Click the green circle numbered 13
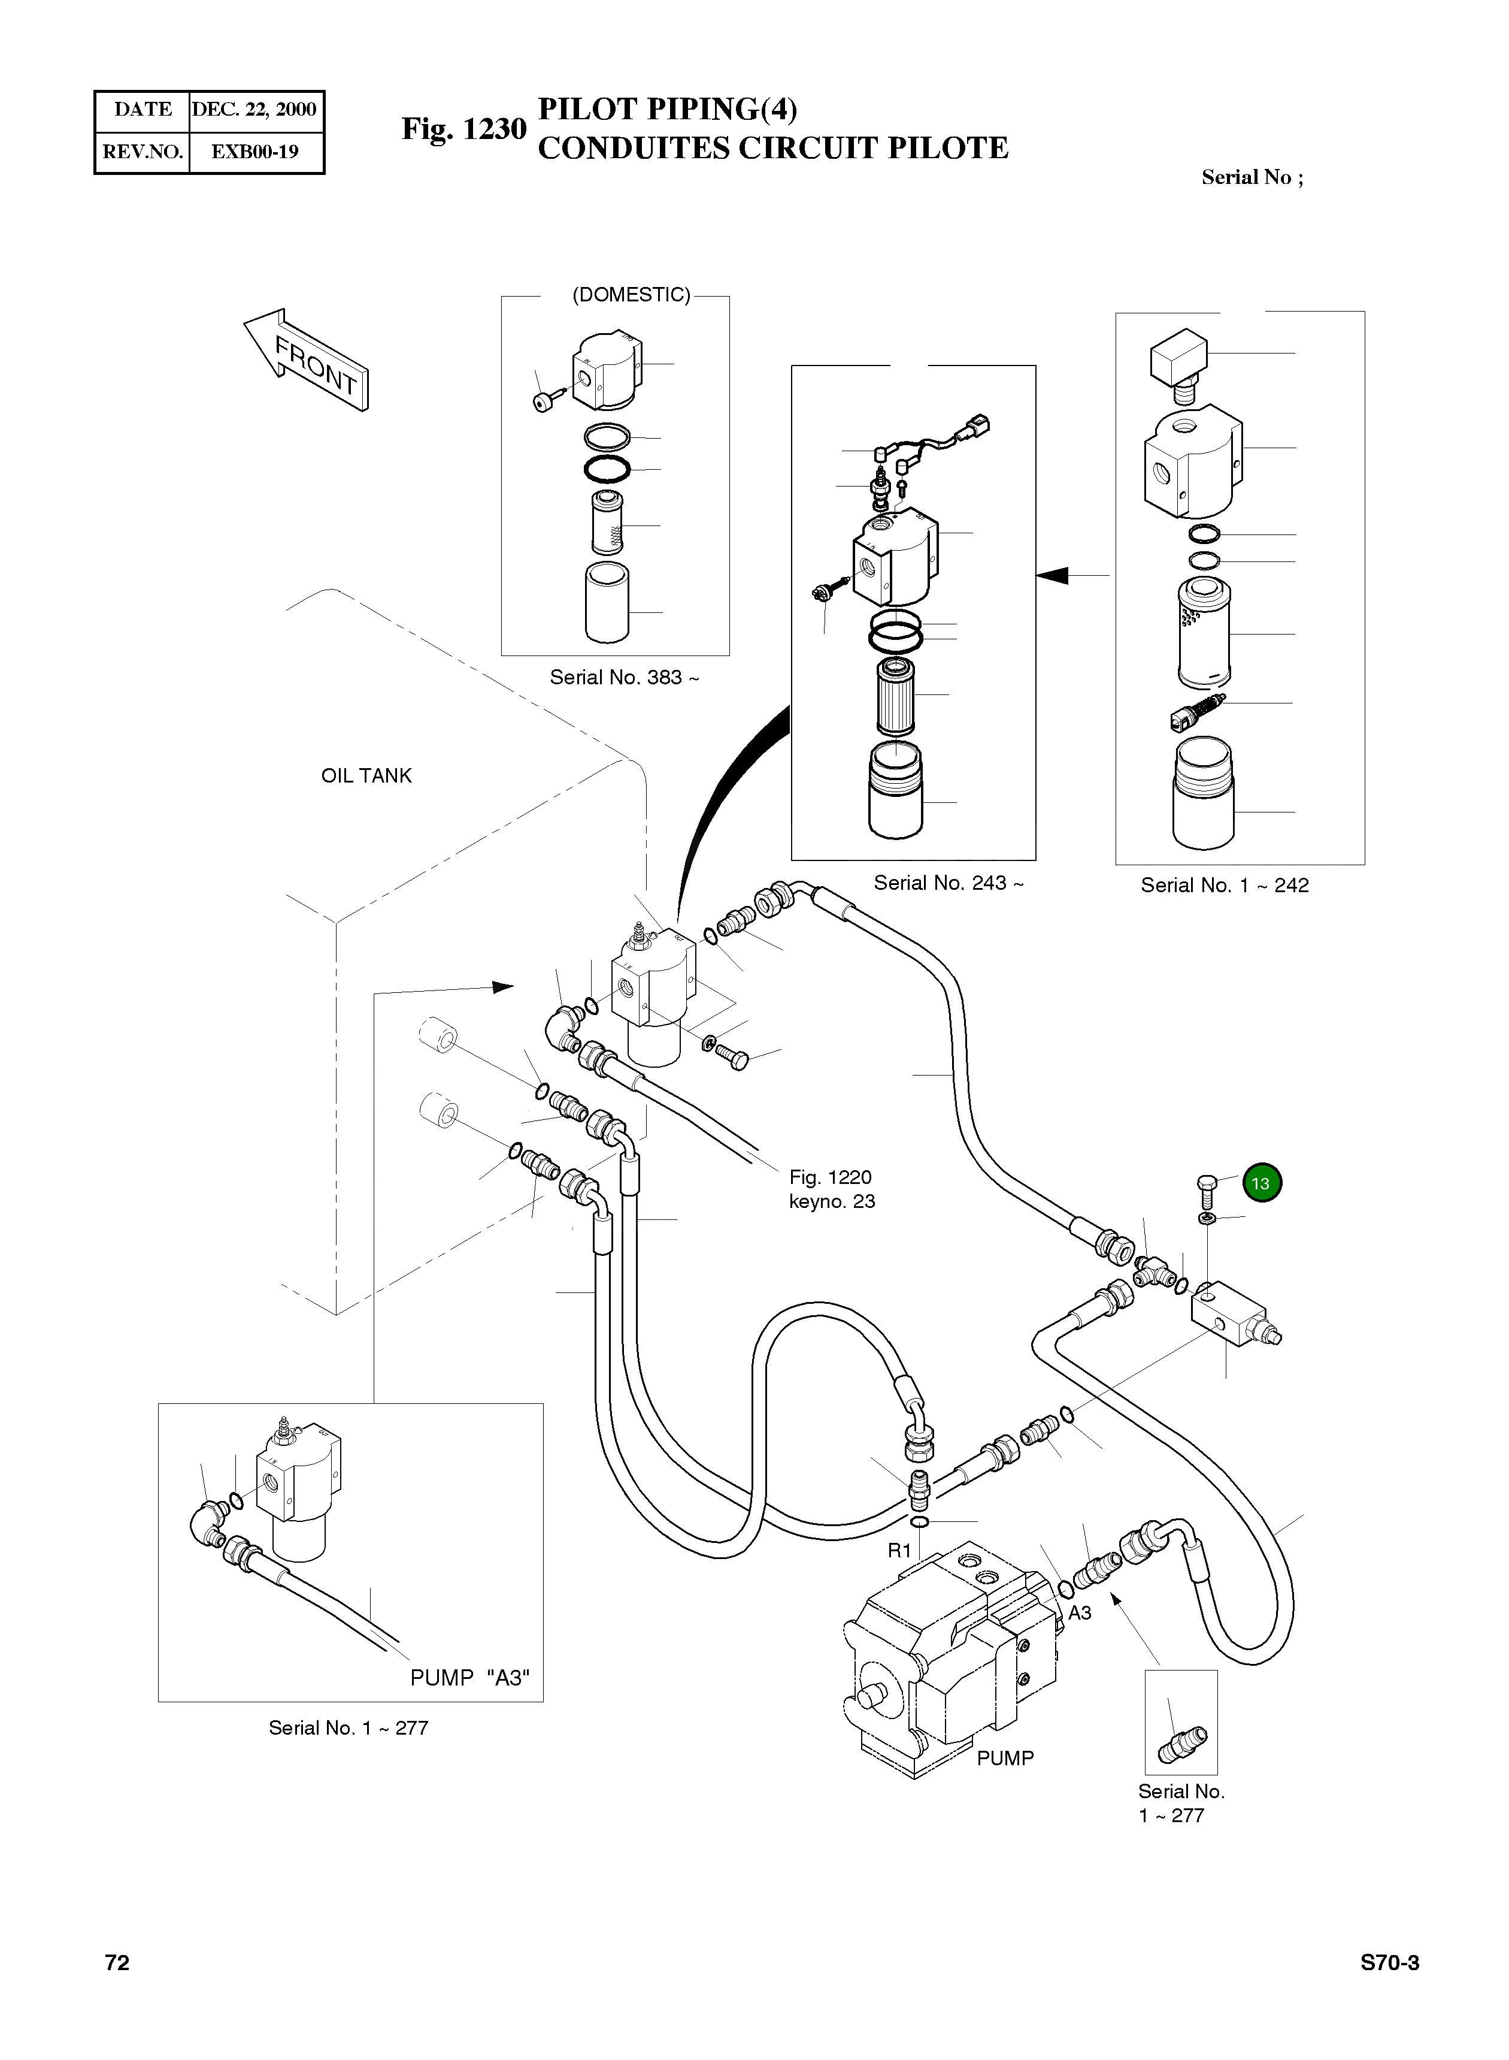(1262, 1183)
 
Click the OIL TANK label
(366, 776)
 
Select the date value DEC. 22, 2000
(255, 110)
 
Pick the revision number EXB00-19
(255, 152)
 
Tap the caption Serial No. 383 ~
(624, 677)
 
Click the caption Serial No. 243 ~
(948, 883)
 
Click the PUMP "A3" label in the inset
(469, 1678)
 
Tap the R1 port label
(900, 1550)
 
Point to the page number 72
(117, 1963)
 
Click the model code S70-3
(1389, 1963)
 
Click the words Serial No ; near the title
(1252, 177)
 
